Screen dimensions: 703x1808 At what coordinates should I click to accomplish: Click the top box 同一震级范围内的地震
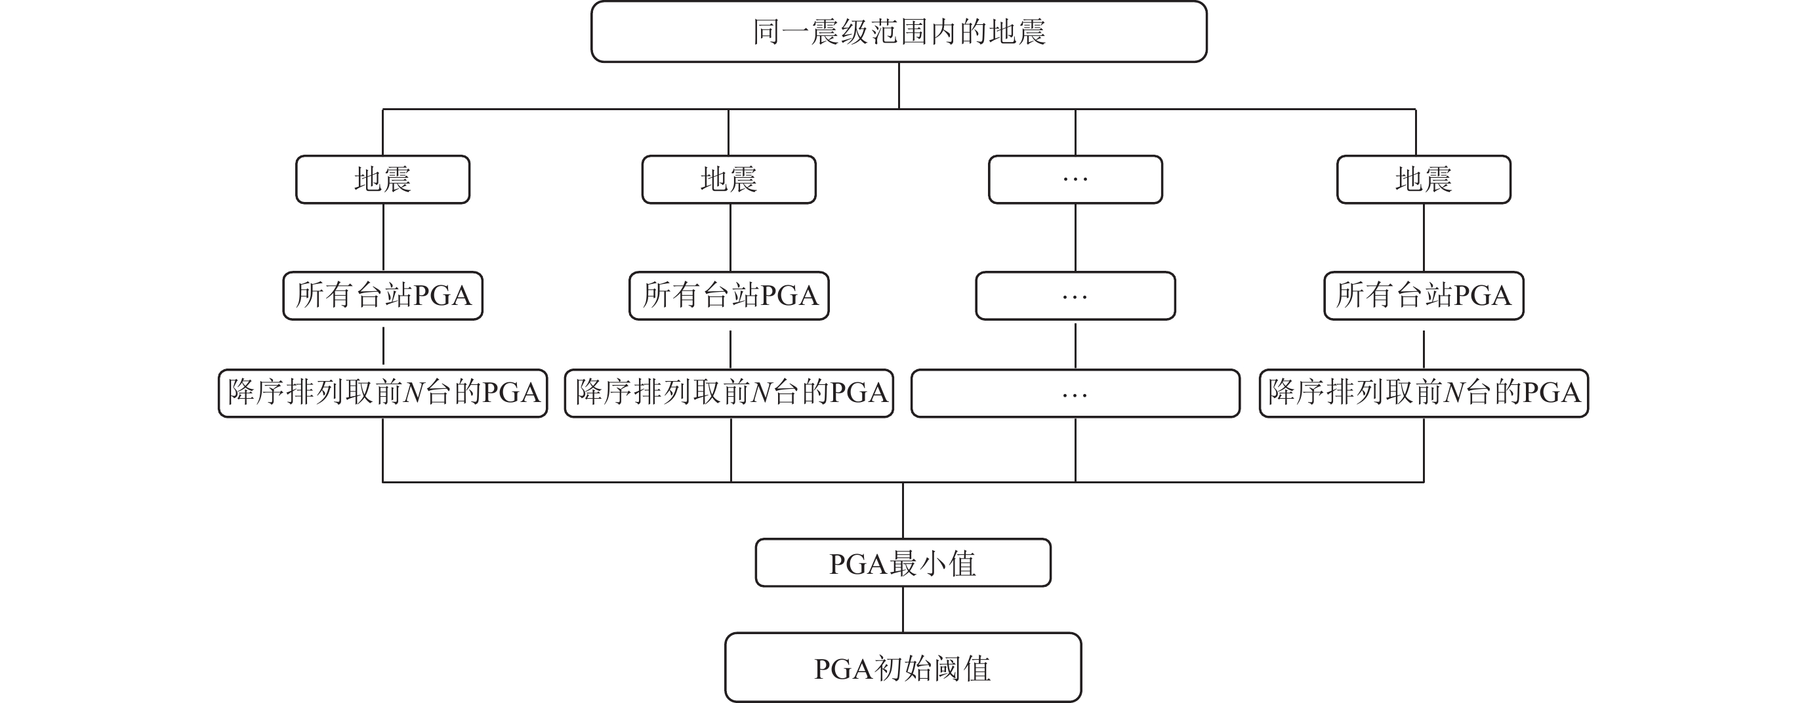[898, 32]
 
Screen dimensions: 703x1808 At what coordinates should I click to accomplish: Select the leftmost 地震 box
[382, 180]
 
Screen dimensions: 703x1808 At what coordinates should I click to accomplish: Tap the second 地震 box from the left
[729, 180]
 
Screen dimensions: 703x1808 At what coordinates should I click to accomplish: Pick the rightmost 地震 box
[1424, 180]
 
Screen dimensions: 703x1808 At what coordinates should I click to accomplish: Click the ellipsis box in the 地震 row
[1075, 180]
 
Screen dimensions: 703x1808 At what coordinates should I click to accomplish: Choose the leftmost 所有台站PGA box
[382, 295]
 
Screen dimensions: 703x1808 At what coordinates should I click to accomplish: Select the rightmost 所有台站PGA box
[1424, 295]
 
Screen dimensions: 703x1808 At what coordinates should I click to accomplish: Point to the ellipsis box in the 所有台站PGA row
[1075, 295]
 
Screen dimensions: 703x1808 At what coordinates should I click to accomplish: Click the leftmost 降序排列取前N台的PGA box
[382, 393]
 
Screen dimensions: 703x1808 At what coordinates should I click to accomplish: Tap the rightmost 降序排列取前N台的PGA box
[1424, 393]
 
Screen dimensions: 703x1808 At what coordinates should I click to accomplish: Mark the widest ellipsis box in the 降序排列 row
[1075, 393]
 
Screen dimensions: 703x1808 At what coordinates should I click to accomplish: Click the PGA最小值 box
[903, 563]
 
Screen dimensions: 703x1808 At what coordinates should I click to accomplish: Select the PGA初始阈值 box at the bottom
[903, 668]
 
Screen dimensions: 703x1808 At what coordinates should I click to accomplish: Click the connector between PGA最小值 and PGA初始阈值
[903, 610]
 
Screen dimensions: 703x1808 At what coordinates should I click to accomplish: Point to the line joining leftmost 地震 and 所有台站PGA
[383, 238]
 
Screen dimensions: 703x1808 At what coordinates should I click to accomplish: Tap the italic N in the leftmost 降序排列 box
[415, 393]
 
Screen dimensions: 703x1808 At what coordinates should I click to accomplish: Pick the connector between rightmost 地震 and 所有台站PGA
[1424, 238]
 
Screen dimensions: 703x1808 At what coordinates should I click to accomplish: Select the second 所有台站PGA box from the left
[729, 295]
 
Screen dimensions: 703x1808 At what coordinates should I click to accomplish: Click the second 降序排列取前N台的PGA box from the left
[729, 393]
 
